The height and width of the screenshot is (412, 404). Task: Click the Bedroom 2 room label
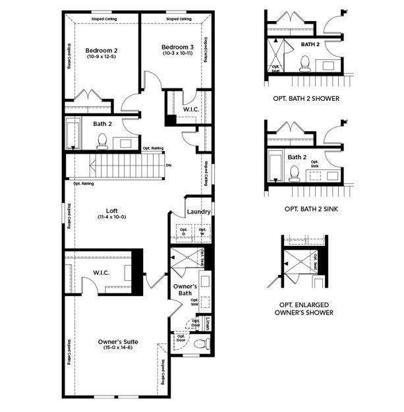[101, 49]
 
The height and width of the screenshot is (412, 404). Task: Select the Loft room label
[111, 210]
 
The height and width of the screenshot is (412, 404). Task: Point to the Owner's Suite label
[117, 341]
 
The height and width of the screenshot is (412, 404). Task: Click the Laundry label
[198, 212]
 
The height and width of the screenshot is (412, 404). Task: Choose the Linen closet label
[208, 323]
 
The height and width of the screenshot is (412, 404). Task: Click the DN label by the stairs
[169, 165]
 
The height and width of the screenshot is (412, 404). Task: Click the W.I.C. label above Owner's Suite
[101, 272]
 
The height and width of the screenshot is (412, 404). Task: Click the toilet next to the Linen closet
[202, 343]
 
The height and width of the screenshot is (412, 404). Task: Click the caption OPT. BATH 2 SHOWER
[306, 98]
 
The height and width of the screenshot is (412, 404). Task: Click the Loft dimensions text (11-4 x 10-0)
[111, 218]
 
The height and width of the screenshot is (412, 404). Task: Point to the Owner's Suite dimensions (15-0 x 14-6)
[117, 348]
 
